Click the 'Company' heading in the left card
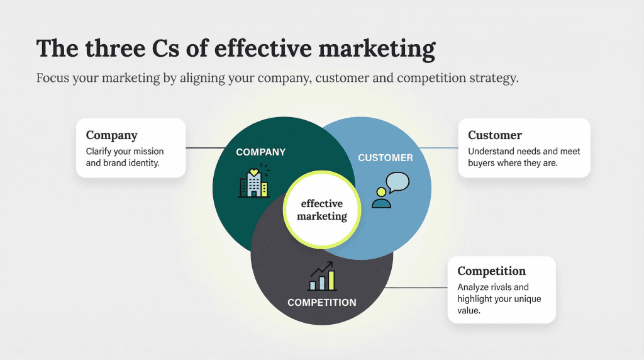click(111, 135)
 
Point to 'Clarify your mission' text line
click(125, 152)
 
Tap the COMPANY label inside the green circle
click(260, 152)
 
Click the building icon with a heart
click(253, 182)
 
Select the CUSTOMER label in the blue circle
click(386, 157)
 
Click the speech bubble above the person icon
click(397, 182)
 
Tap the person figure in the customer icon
click(381, 198)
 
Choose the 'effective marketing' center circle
click(321, 210)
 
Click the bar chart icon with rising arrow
click(322, 276)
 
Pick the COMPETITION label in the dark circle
click(321, 303)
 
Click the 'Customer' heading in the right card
click(494, 135)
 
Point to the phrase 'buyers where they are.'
click(513, 163)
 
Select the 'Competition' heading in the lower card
click(491, 271)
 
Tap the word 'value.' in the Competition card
click(469, 310)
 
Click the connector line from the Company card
click(206, 149)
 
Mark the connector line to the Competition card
click(415, 288)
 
